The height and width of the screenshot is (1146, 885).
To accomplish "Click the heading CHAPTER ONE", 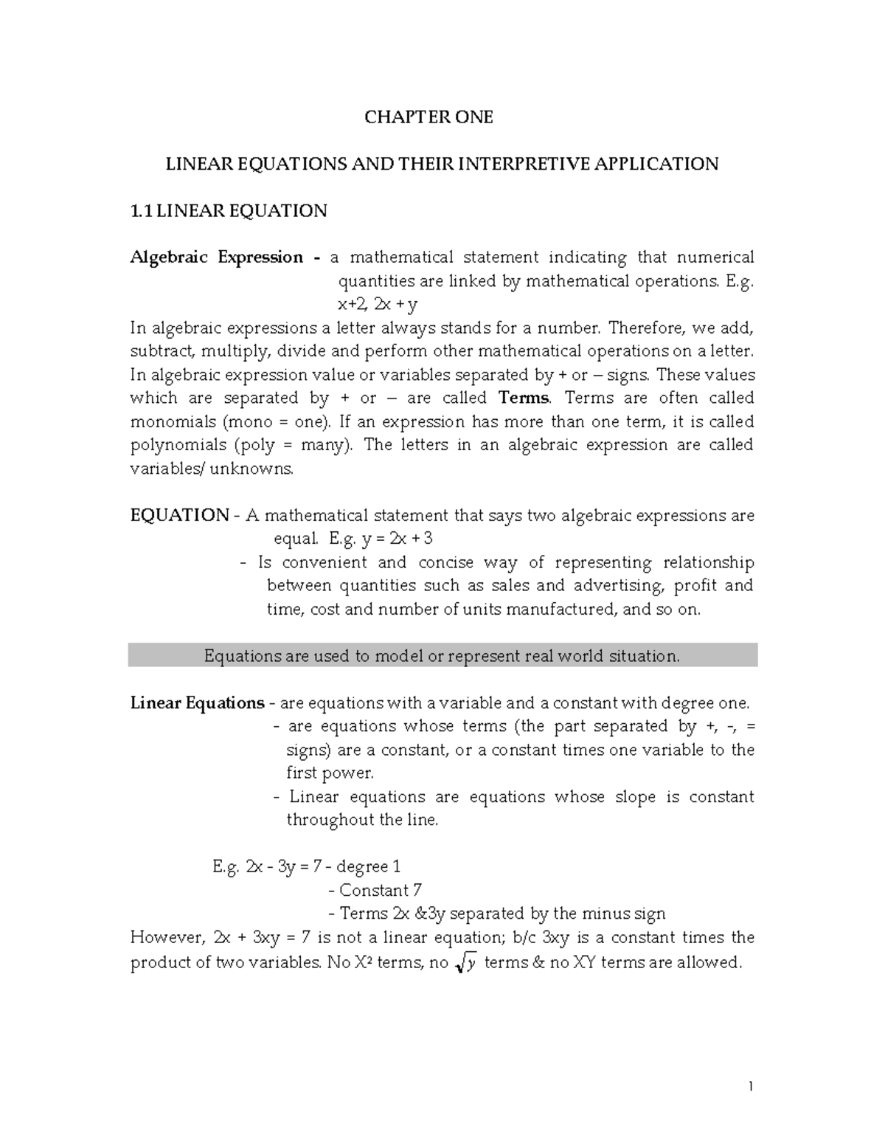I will pyautogui.click(x=429, y=117).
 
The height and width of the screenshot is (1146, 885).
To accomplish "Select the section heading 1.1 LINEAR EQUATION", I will pyautogui.click(x=229, y=211).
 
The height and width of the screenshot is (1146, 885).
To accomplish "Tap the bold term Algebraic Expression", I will pyautogui.click(x=217, y=258).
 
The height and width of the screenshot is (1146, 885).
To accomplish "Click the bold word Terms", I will pyautogui.click(x=524, y=398).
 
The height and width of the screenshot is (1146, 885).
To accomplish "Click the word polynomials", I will pyautogui.click(x=178, y=446).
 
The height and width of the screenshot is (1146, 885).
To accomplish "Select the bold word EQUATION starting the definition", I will pyautogui.click(x=179, y=515).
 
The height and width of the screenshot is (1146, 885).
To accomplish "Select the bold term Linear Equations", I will pyautogui.click(x=197, y=703).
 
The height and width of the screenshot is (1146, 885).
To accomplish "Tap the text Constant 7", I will pyautogui.click(x=381, y=891).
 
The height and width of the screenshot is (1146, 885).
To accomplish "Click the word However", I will pyautogui.click(x=166, y=938).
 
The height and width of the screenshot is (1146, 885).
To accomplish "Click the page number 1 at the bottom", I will pyautogui.click(x=750, y=1087).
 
